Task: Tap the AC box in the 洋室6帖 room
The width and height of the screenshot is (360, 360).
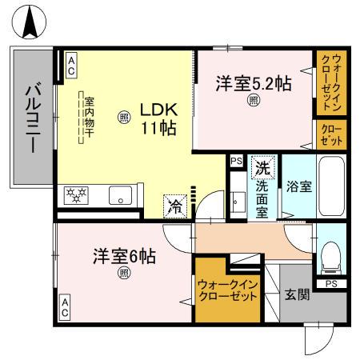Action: tap(66, 305)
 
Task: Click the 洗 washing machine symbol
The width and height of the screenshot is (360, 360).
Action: tap(262, 169)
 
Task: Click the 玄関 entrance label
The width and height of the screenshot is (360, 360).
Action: tap(297, 295)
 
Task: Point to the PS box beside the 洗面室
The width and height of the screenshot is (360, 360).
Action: tap(235, 161)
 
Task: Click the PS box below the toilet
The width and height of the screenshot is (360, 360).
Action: tap(330, 283)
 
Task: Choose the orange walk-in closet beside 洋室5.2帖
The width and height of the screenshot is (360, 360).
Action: tap(330, 82)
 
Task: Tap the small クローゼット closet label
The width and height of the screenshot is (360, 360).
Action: tap(330, 133)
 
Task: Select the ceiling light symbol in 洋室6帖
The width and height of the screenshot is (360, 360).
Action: tap(124, 274)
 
